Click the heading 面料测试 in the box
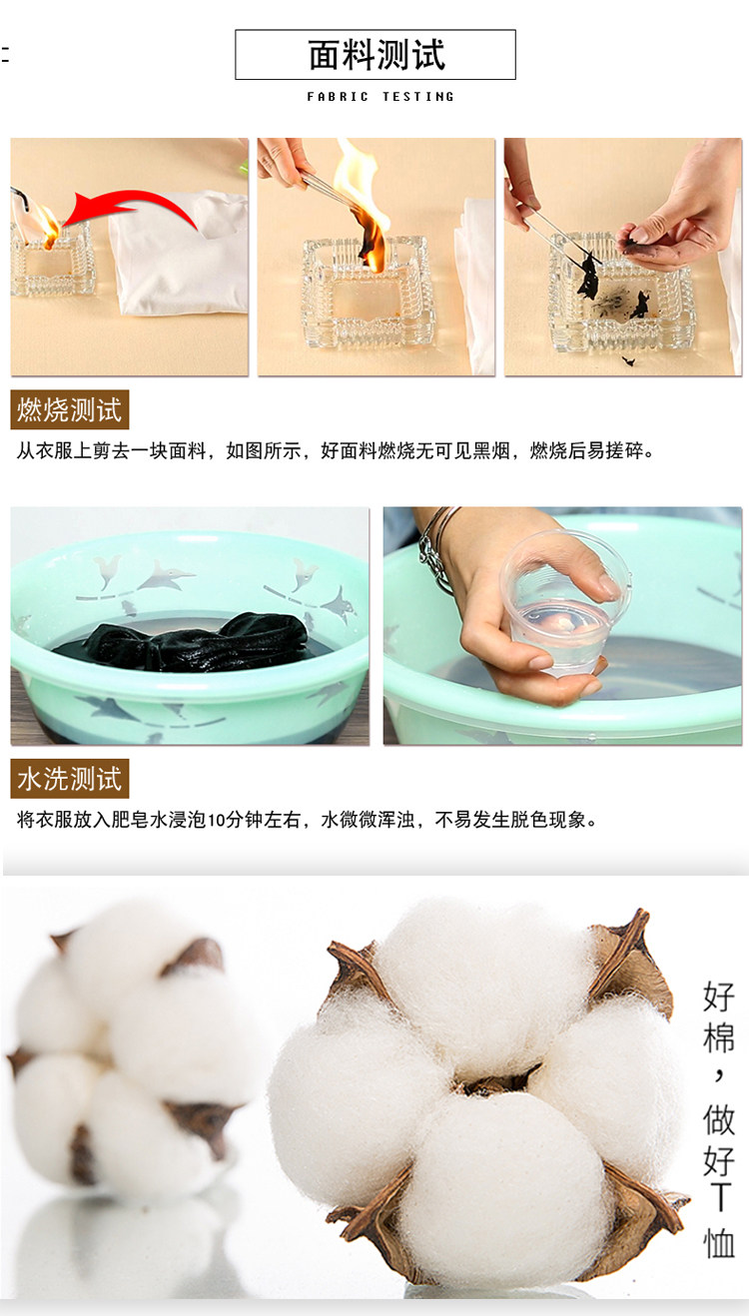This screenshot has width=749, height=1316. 376,55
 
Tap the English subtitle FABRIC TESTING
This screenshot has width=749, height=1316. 380,96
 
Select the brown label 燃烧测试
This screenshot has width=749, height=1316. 69,409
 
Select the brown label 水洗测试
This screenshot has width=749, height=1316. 69,779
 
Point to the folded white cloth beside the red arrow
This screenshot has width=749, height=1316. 178,253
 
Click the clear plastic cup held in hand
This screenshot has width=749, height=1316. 563,602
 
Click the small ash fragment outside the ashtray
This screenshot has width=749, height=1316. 628,360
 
